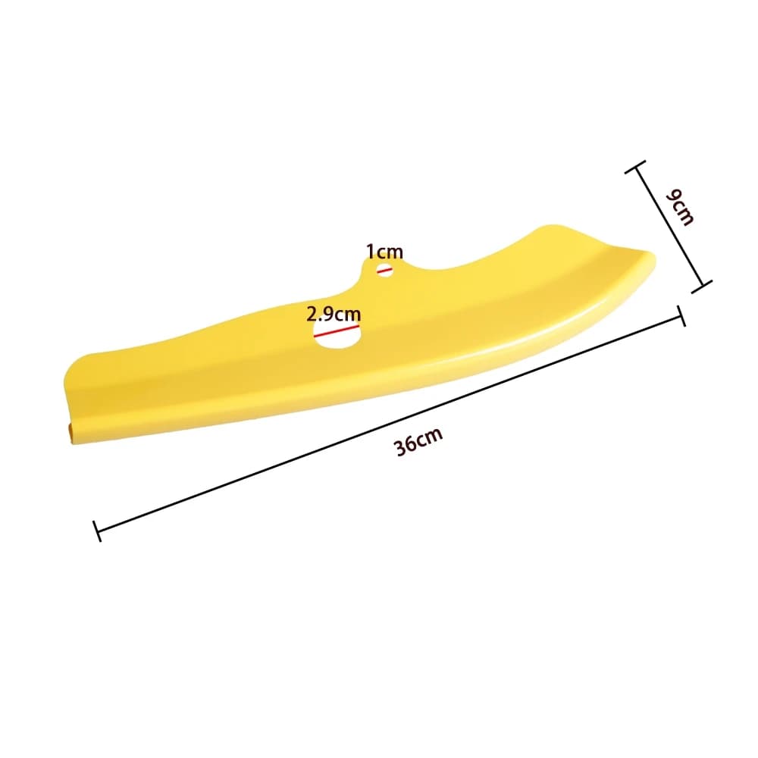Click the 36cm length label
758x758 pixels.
point(418,441)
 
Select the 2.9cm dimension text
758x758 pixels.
point(334,315)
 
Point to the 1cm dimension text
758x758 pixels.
point(384,252)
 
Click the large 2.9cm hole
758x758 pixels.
point(337,334)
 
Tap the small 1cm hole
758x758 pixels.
point(385,271)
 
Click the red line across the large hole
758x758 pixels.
point(337,330)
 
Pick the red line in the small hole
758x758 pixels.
point(385,271)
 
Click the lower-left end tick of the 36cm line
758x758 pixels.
point(97,531)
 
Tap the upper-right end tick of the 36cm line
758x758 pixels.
point(681,316)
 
